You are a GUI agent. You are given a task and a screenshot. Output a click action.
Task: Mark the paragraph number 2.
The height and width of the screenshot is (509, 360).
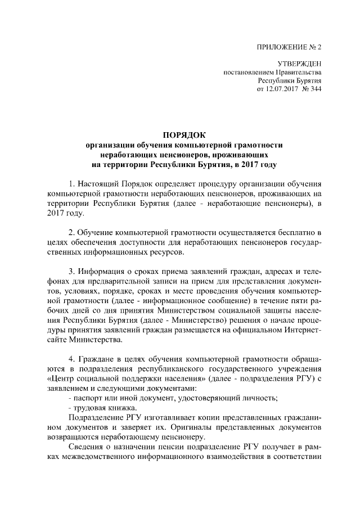click(70, 232)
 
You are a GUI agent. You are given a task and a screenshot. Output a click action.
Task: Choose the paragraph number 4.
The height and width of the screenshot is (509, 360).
click(70, 358)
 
